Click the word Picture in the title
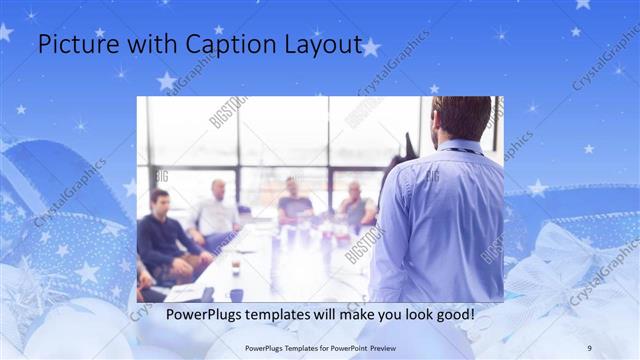coord(74,44)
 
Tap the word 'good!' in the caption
coord(452,314)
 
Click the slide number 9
coord(589,347)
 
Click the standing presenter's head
coord(461,118)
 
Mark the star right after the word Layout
coord(370,47)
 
